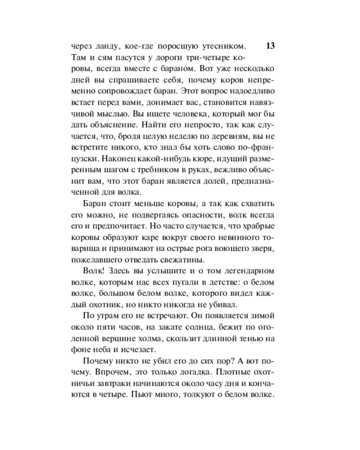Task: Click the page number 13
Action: click(271, 46)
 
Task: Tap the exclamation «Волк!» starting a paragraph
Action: click(94, 273)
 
